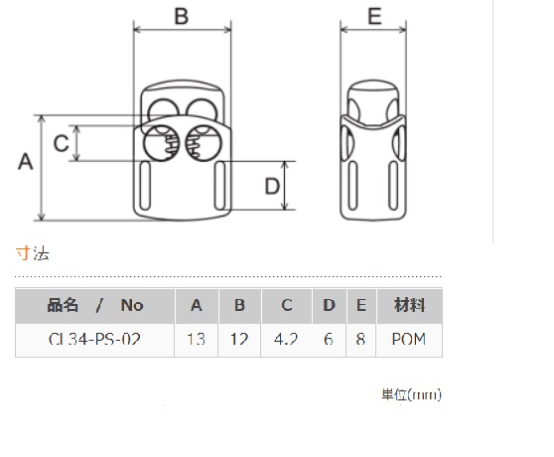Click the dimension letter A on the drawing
pyautogui.click(x=26, y=162)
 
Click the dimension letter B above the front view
pyautogui.click(x=182, y=16)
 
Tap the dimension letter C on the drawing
pyautogui.click(x=61, y=143)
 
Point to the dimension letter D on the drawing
pyautogui.click(x=272, y=186)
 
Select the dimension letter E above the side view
pyautogui.click(x=374, y=16)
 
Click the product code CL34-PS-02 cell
pyautogui.click(x=94, y=340)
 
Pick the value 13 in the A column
pyautogui.click(x=197, y=340)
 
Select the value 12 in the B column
pyautogui.click(x=239, y=340)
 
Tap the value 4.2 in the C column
pyautogui.click(x=286, y=340)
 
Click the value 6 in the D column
pyautogui.click(x=329, y=340)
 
